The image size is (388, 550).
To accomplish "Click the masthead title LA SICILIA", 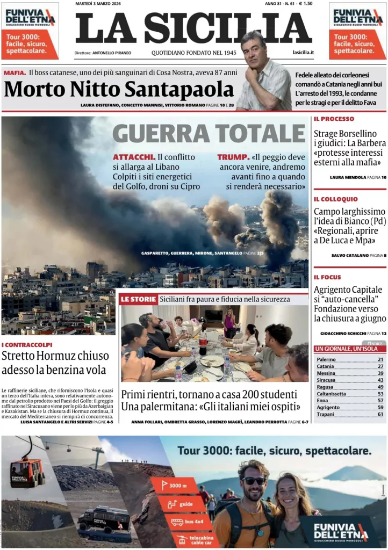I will [193, 28].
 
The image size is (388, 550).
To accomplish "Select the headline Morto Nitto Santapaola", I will [119, 89].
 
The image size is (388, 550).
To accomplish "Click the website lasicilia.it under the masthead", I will [303, 53].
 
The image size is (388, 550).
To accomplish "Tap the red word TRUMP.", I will [233, 157].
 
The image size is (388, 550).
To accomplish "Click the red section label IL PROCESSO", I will [334, 119].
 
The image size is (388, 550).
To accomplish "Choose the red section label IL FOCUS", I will [327, 277].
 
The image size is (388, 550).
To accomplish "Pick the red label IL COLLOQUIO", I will [335, 199].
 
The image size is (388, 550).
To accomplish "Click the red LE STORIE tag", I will [138, 299].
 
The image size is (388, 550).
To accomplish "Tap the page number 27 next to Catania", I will [380, 366].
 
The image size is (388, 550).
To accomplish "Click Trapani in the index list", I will [325, 414].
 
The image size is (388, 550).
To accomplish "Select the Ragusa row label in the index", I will [325, 387].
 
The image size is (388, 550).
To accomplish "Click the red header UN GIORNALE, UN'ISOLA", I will [349, 349].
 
